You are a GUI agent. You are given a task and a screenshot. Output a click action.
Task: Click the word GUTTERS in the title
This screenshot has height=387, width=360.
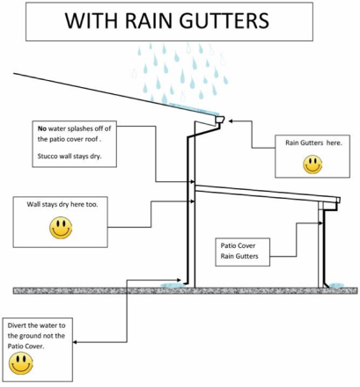[x=224, y=20]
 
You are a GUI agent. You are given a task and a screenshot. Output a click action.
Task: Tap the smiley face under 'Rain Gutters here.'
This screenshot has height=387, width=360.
[x=312, y=164]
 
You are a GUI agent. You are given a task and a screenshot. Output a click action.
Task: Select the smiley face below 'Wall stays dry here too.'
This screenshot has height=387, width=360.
[x=61, y=228]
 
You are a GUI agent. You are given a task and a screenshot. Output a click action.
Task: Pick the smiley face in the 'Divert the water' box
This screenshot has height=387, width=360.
[x=21, y=363]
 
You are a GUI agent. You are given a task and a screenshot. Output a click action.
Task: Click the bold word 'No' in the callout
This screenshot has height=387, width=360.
[x=42, y=128]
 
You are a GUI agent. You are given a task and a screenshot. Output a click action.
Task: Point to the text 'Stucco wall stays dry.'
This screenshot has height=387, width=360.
[x=70, y=156]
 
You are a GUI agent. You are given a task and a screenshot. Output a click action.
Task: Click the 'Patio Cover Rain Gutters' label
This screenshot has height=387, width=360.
[x=239, y=251]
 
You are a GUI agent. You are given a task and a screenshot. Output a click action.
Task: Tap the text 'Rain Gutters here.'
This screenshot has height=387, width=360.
[x=313, y=143]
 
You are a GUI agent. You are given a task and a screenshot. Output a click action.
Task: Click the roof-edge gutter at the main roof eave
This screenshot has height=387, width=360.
[x=220, y=120]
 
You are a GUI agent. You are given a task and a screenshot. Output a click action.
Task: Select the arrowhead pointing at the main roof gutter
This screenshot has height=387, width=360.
[x=231, y=120]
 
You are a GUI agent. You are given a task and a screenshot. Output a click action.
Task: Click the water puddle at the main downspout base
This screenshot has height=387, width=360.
[x=173, y=285]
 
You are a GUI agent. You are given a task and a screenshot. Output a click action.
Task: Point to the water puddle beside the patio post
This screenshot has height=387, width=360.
[x=336, y=285]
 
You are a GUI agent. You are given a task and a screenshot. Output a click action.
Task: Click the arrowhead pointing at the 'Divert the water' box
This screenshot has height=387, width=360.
[x=75, y=342]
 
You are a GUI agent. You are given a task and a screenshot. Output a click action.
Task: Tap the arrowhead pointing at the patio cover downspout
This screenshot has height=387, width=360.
[x=320, y=223]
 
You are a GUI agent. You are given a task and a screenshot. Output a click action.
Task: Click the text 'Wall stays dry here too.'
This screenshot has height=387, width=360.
[x=62, y=204]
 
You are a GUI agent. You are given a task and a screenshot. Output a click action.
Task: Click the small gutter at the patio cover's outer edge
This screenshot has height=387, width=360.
[x=338, y=200]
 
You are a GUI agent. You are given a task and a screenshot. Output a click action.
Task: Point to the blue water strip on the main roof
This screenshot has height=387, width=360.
[x=194, y=109]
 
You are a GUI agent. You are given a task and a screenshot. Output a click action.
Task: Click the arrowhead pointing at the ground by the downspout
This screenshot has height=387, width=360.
[x=180, y=280]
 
